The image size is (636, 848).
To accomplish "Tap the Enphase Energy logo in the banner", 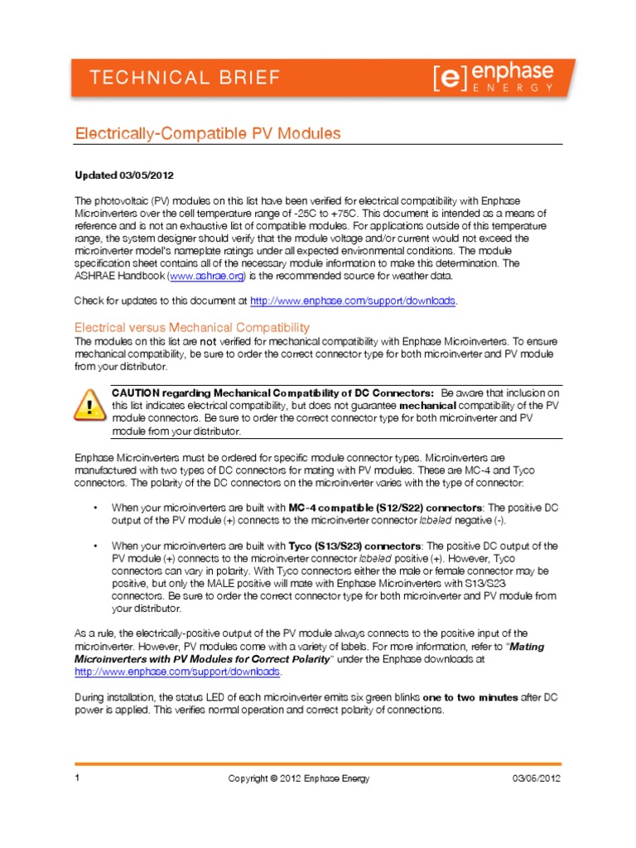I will click(x=493, y=79).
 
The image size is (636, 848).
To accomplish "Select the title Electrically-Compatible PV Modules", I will click(x=208, y=132).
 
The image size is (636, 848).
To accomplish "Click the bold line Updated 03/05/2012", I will click(x=124, y=176).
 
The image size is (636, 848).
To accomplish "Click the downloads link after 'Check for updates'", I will click(x=352, y=300).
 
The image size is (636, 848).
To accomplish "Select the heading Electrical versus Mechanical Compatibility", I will click(x=192, y=327).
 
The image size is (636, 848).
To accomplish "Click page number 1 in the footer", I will click(x=77, y=778).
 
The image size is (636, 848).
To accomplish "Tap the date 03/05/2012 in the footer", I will click(x=537, y=778).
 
